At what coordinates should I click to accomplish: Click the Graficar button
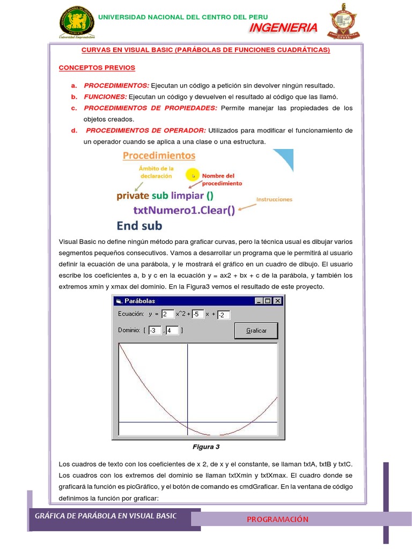coord(256,331)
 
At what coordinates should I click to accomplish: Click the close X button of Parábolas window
coord(277,301)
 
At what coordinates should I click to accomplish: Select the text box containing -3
coord(154,331)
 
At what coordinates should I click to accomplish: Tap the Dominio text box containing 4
coord(172,331)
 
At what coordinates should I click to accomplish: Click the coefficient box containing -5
coord(197,314)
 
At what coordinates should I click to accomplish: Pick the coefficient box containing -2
coord(224,315)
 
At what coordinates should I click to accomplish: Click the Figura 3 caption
coord(206,447)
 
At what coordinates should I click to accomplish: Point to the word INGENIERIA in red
coord(283,28)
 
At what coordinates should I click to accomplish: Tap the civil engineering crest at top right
coord(344,22)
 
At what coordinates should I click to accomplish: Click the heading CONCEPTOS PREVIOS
coord(97,68)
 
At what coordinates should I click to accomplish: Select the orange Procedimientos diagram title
coord(159,156)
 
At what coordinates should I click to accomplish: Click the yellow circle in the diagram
coord(192,175)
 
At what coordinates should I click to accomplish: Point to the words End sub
coord(139,225)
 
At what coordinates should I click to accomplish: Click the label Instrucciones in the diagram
coord(274,199)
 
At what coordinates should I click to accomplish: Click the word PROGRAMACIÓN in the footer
coord(277,519)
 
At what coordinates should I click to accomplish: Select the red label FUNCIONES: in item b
coord(105,97)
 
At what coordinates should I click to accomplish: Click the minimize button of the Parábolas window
coord(260,301)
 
